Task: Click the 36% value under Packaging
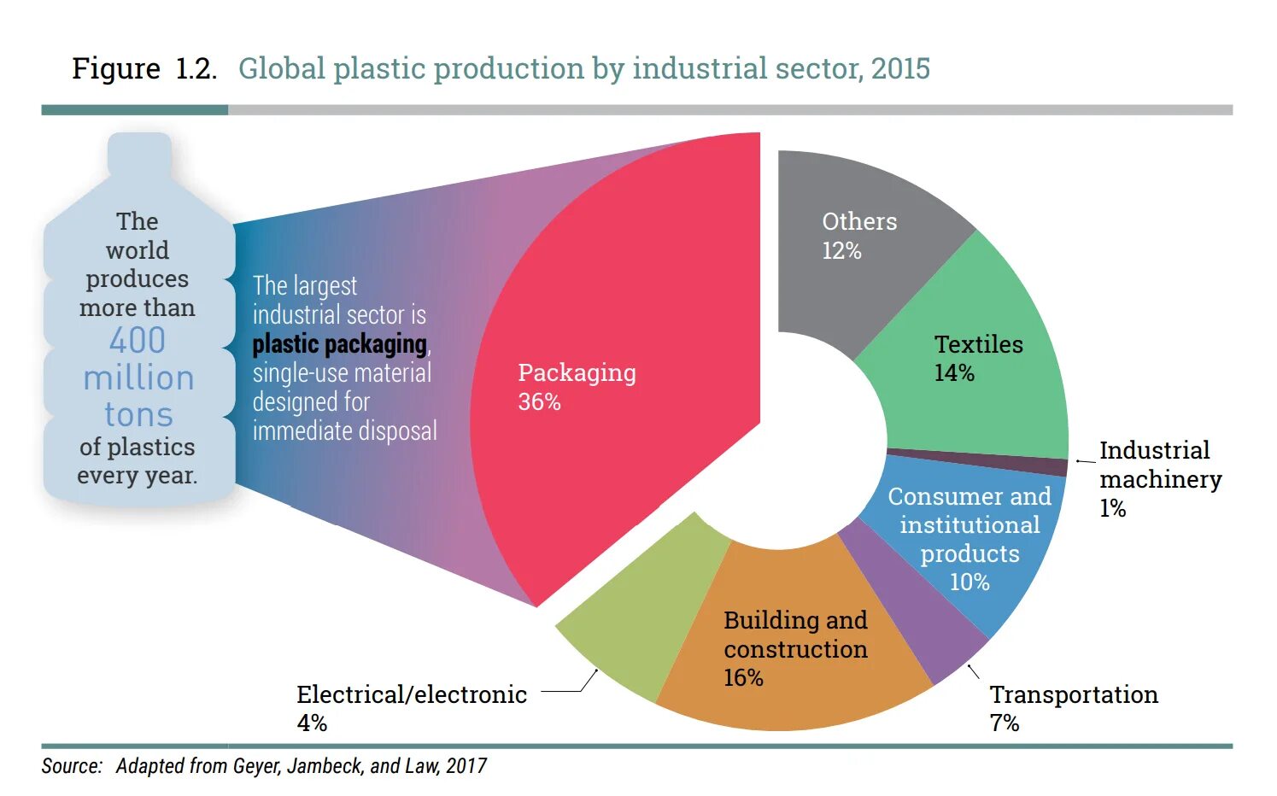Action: click(x=539, y=402)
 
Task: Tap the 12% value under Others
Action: click(x=841, y=251)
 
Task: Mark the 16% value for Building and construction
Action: click(x=743, y=678)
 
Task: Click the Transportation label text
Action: click(x=1074, y=695)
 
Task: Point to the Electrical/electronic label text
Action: click(x=412, y=695)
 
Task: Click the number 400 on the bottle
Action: click(x=138, y=341)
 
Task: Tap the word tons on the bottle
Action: click(x=138, y=415)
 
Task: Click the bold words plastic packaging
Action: click(x=339, y=344)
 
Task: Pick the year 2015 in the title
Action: click(x=900, y=68)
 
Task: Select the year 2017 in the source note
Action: click(x=466, y=766)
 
